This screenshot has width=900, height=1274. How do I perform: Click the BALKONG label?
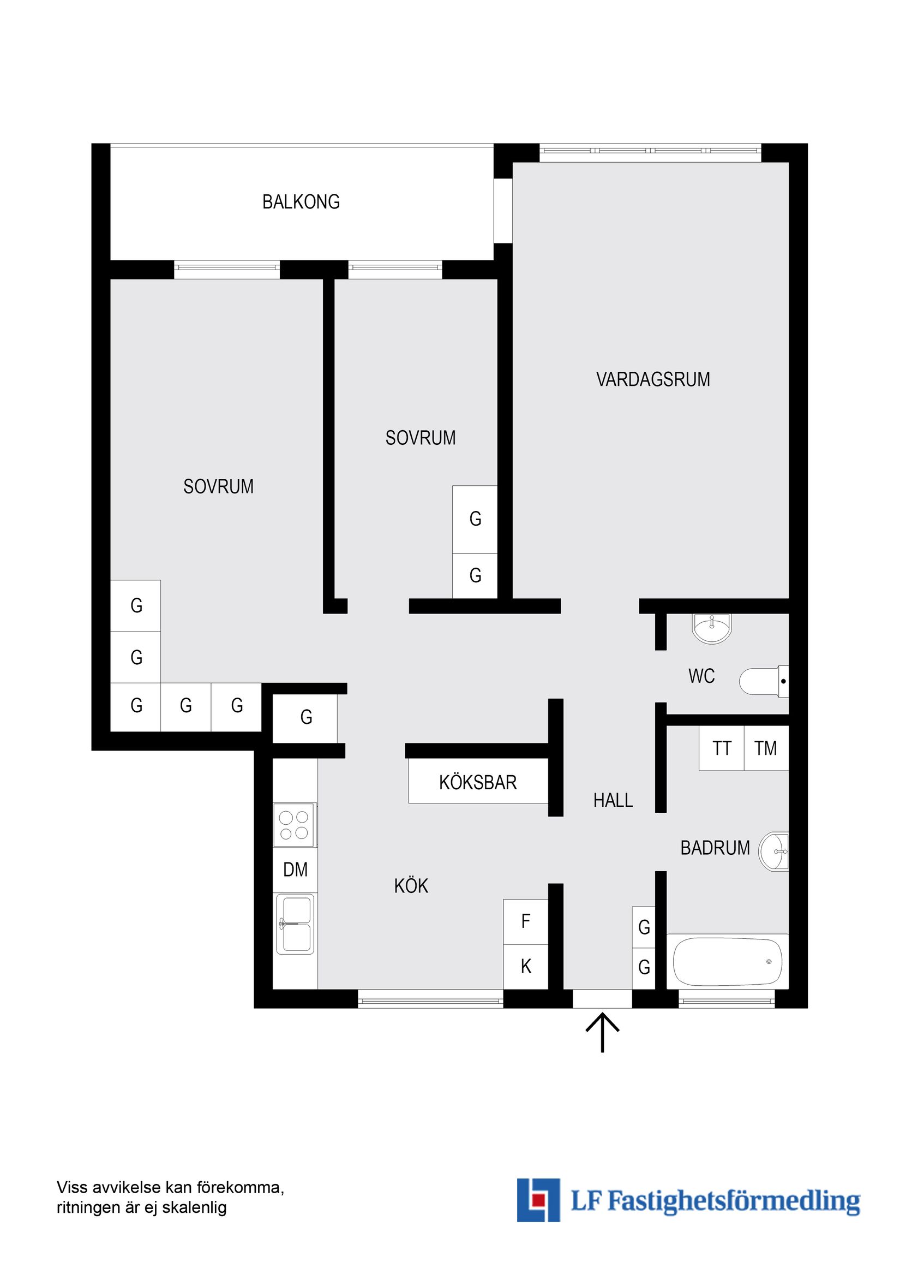point(301,202)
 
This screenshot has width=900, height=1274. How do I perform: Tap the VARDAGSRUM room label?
point(653,379)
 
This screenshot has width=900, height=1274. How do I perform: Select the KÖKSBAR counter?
point(478,782)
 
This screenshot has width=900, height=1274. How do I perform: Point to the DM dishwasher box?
point(295,870)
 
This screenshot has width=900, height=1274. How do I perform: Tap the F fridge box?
point(526,921)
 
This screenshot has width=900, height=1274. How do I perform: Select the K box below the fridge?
point(526,967)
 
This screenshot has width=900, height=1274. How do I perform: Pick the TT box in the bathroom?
point(722,748)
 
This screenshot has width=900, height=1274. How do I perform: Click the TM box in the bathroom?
point(765,748)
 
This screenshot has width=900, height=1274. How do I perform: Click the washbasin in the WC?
point(711,628)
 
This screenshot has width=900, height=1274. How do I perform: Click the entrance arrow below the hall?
point(602,1032)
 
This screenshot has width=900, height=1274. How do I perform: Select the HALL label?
point(613,801)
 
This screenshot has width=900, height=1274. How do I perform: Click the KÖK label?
point(411,886)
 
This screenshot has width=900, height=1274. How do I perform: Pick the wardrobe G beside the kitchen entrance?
point(305,717)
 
